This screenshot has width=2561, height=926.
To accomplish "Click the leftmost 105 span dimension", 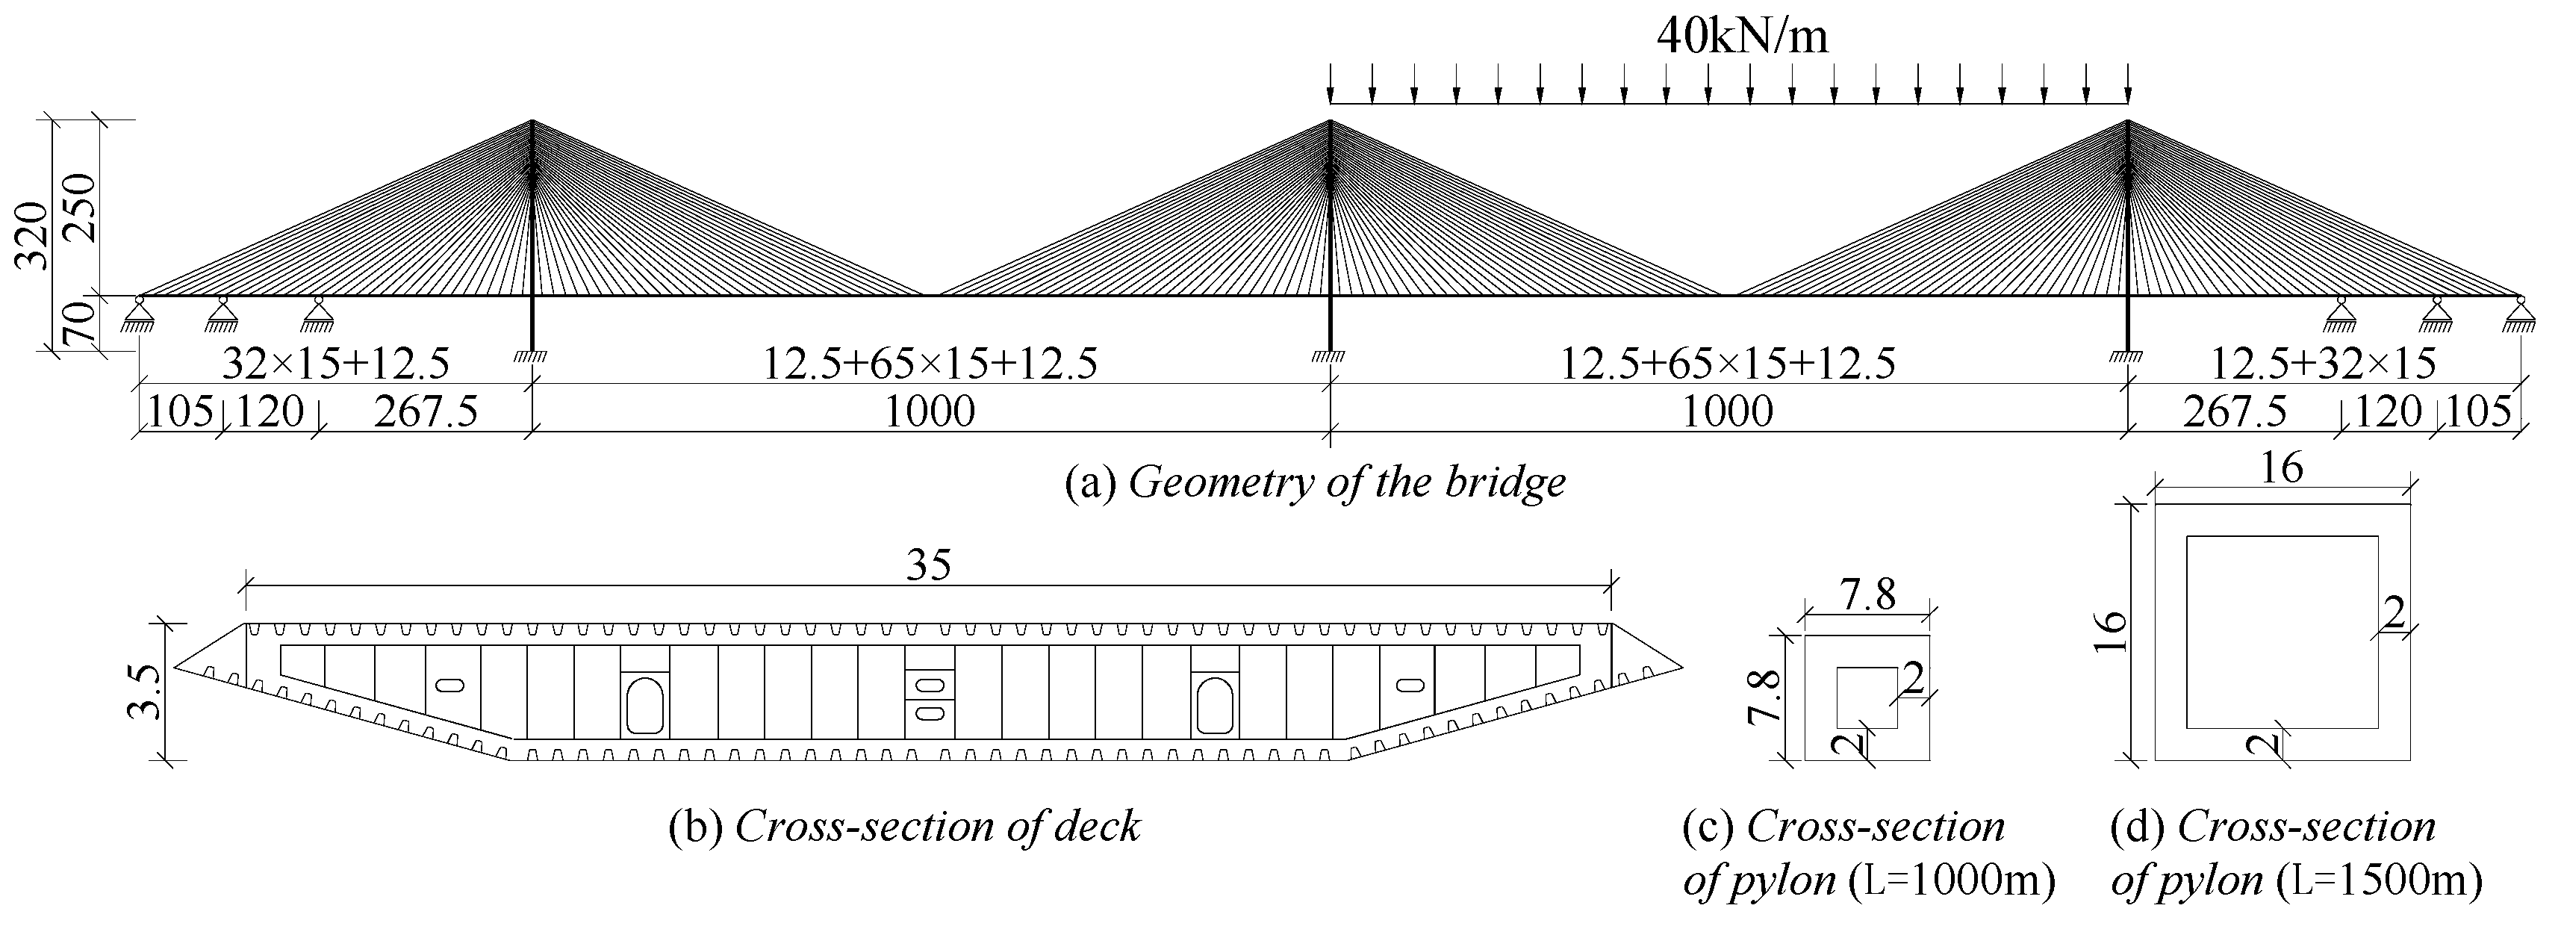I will point(180,411).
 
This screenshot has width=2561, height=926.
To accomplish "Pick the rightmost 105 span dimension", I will point(2477,411).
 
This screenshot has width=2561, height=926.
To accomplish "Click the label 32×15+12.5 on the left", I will point(335,364).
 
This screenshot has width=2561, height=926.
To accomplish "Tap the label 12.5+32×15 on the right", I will point(2322,364).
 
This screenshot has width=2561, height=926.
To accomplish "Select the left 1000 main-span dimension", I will point(930,411).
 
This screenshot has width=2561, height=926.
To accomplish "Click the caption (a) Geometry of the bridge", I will point(1314,482).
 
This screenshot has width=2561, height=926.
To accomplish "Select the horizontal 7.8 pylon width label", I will point(1867,594).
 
